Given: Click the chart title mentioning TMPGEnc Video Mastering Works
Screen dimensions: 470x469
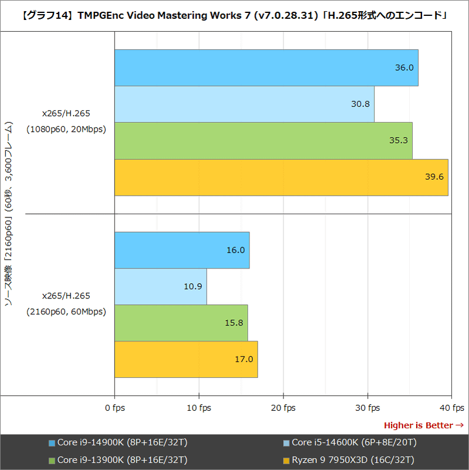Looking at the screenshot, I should (x=234, y=16).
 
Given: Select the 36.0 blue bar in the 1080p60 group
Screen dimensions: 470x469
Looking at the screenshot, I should (x=266, y=68).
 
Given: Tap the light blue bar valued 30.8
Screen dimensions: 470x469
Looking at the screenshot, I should (x=244, y=105).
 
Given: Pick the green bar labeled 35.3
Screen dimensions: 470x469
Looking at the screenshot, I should (x=263, y=141).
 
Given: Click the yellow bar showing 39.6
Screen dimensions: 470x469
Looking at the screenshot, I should (x=281, y=177).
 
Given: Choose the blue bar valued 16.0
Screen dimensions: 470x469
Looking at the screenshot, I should (x=182, y=250).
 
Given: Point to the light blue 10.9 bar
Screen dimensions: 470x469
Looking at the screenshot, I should (x=160, y=287).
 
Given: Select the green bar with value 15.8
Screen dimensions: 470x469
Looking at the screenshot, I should (x=181, y=323).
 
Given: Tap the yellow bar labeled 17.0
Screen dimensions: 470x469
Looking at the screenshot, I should (x=186, y=360).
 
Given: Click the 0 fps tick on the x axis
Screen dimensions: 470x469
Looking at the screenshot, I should (x=115, y=408).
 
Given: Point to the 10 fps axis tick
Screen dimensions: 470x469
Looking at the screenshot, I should (x=199, y=408).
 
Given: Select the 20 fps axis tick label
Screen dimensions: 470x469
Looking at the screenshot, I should (x=284, y=408).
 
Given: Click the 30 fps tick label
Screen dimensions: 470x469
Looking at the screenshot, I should (x=368, y=408).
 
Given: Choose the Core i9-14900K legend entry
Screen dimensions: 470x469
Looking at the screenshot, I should (x=117, y=442).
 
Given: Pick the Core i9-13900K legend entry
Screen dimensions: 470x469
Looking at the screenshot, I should (x=117, y=459).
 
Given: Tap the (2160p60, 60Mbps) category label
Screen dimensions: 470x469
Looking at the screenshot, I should (x=66, y=312).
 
